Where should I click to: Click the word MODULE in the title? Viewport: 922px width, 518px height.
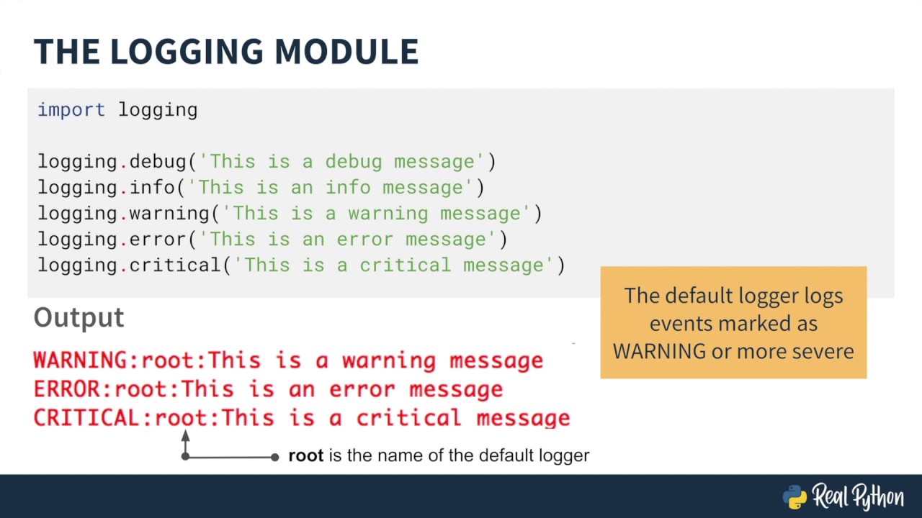click(346, 52)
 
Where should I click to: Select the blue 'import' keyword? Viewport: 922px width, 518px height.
click(71, 109)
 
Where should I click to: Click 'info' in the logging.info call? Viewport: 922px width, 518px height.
click(152, 187)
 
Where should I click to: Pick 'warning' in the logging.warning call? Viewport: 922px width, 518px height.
click(169, 213)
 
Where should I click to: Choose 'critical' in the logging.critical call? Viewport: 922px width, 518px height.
click(175, 265)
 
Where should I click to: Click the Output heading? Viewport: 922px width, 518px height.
click(79, 317)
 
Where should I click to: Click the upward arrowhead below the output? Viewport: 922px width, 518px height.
click(185, 436)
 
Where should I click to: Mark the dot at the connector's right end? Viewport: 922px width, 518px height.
click(274, 457)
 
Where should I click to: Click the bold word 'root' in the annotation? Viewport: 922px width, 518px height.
click(305, 455)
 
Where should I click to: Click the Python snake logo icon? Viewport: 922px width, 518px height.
click(795, 496)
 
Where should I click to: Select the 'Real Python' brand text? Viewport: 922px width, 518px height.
click(858, 496)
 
